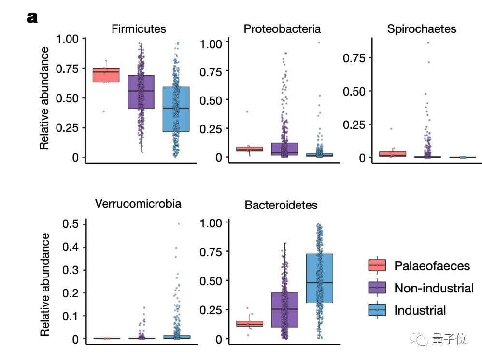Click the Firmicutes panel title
(x=139, y=29)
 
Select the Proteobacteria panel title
(x=282, y=29)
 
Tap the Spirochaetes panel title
(x=422, y=29)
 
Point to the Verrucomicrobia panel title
(x=138, y=204)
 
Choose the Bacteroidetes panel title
(x=281, y=205)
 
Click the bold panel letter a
(x=32, y=18)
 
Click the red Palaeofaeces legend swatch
(x=377, y=265)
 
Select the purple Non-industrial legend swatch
(x=377, y=288)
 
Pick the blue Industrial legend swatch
(x=377, y=310)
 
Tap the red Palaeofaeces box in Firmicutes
(x=106, y=75)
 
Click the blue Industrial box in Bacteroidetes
(x=320, y=278)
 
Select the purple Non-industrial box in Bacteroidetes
(x=284, y=309)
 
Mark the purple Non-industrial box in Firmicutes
(x=141, y=92)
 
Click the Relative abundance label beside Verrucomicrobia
(x=45, y=284)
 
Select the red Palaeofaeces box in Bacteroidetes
(x=250, y=324)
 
